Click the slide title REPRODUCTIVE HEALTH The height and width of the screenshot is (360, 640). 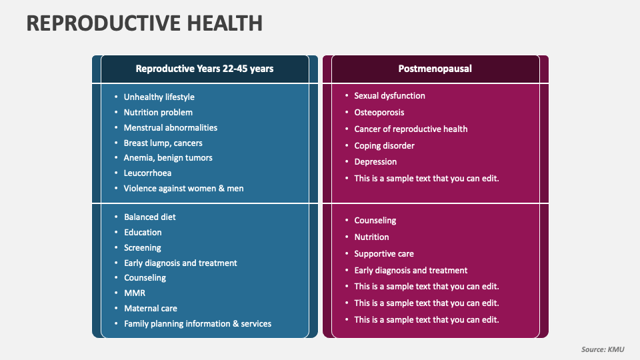tap(144, 23)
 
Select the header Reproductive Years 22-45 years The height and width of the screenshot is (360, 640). tap(204, 69)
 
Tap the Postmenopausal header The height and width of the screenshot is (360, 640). tap(435, 69)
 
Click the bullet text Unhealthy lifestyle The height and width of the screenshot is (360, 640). tap(159, 97)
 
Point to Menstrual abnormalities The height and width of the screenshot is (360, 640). tap(170, 128)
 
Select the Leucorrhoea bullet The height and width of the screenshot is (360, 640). tap(147, 173)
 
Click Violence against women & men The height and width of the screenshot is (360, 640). tap(183, 189)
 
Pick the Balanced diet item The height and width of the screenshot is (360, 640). tap(149, 217)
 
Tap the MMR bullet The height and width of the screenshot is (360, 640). tap(134, 293)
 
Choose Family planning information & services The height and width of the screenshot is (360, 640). tap(197, 324)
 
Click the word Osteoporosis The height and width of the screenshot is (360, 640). tap(379, 113)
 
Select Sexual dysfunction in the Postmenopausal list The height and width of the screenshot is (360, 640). tap(389, 96)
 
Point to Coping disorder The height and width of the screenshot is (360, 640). tap(384, 146)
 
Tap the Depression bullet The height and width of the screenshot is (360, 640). tap(375, 162)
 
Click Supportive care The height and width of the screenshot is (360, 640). tap(383, 254)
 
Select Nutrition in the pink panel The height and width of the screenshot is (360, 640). tap(371, 237)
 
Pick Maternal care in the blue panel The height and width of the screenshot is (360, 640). tap(151, 309)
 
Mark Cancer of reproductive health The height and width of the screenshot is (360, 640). tap(411, 129)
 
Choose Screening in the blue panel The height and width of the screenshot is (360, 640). tap(142, 248)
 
